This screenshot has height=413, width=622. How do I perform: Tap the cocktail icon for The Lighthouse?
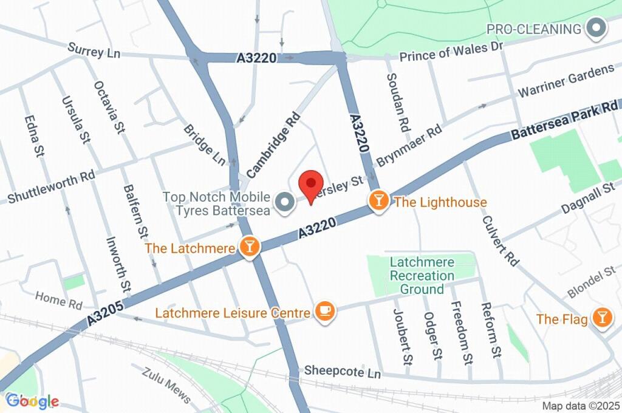[378, 200]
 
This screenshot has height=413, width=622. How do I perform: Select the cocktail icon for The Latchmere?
[249, 247]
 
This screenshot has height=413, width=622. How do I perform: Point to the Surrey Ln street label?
[94, 50]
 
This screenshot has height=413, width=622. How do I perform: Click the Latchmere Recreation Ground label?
[422, 276]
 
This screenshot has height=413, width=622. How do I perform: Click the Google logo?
[32, 401]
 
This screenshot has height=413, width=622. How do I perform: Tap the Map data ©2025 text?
[581, 406]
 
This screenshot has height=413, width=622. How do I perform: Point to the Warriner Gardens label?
[566, 81]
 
